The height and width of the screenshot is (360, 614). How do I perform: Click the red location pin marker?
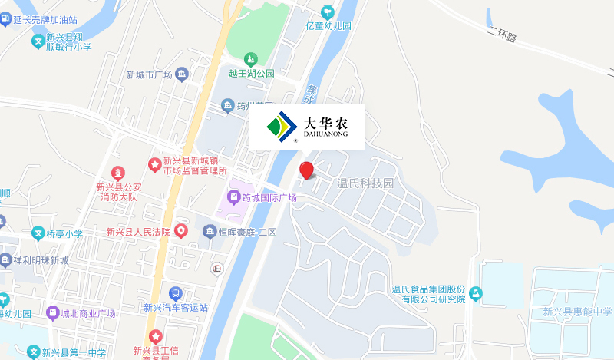pos(306,170)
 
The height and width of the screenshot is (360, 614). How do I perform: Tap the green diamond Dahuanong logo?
pos(281,127)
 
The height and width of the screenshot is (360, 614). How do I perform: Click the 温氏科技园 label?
pos(365,184)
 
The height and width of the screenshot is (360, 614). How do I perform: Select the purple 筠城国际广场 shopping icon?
pos(233,198)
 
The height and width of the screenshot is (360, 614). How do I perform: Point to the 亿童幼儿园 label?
pos(328,25)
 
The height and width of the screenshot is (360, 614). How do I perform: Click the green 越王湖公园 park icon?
pos(250,59)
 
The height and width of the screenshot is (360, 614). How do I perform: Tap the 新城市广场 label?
pos(149,74)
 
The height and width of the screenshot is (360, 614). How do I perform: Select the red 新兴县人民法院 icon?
pos(181,230)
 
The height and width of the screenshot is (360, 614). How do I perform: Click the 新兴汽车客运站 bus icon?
pos(176,293)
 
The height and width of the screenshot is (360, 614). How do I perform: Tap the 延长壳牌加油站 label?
pos(45,19)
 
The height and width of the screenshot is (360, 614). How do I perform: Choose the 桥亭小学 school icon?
pos(38,233)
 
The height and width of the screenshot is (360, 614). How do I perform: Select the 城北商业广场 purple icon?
pos(52,313)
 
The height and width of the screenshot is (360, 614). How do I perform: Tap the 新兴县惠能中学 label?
pos(577,312)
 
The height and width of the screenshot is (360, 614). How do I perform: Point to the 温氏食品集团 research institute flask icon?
pos(476,293)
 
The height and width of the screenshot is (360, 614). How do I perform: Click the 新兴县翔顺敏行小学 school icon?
pos(38,41)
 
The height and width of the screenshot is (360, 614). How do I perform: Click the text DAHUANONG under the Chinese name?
pos(326,134)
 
